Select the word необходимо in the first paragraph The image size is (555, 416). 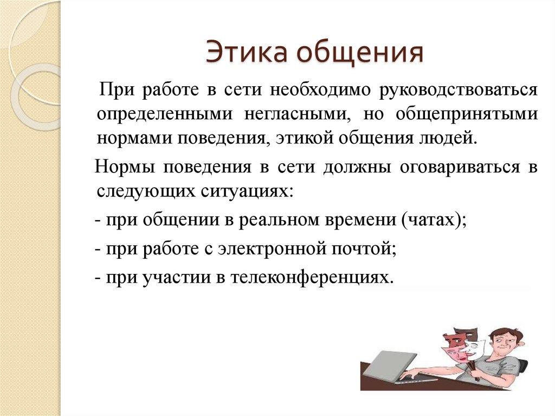pos(320,90)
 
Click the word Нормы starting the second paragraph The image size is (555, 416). pos(125,167)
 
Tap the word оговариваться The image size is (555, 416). pos(460,167)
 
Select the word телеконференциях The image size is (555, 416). pos(312,278)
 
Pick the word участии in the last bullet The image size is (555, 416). pos(177,278)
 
